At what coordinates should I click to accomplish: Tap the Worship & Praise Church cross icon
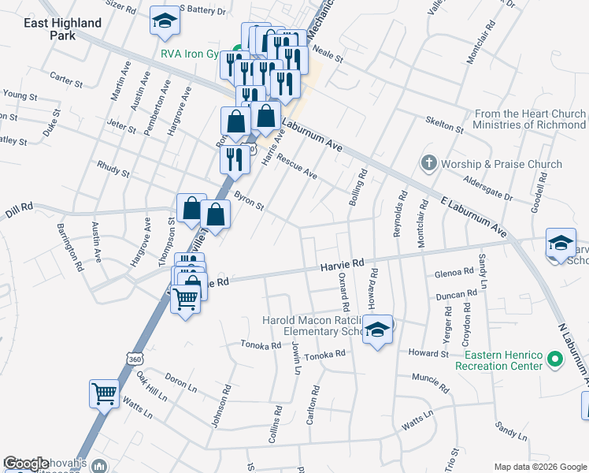(428, 164)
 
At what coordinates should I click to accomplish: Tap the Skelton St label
(444, 124)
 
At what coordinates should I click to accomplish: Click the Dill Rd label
(17, 207)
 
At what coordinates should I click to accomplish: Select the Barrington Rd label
(70, 247)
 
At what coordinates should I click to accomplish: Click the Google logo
(27, 464)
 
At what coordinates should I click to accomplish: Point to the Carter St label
(66, 80)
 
